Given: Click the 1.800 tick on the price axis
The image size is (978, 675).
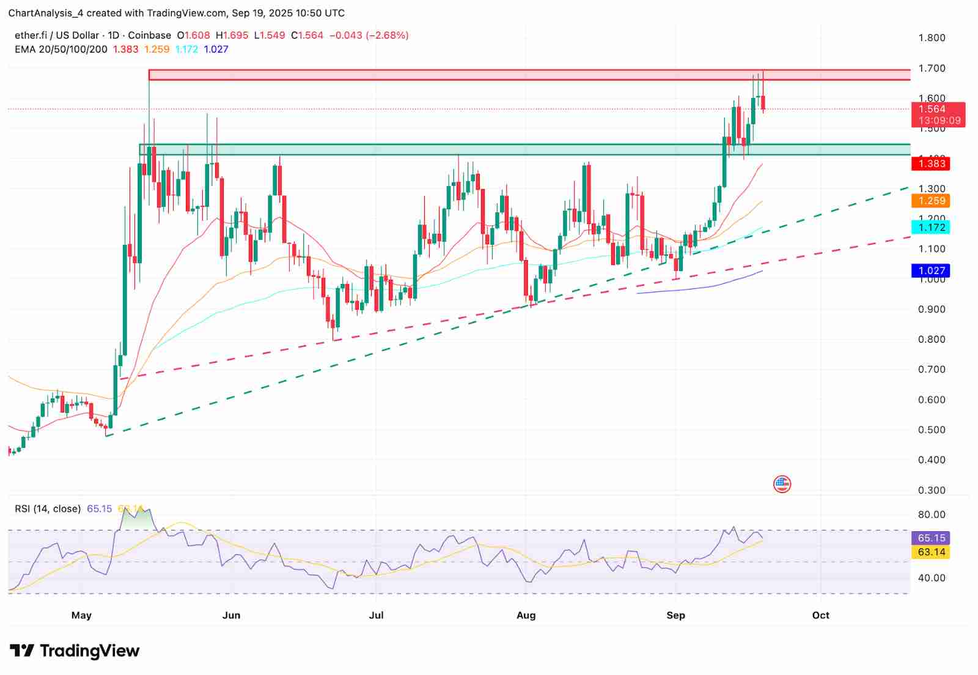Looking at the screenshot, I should pos(932,38).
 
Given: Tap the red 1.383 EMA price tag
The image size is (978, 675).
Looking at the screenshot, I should pos(932,163).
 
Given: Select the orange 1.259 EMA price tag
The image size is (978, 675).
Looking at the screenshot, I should pos(932,201).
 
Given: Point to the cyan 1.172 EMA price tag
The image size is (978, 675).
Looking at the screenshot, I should pos(932,228).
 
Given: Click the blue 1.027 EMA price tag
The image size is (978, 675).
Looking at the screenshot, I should pos(932,270).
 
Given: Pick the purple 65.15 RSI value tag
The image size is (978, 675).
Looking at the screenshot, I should pos(932,538).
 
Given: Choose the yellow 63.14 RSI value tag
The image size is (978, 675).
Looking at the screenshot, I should pos(932,552).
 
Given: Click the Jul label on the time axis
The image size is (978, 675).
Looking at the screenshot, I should pos(377,615).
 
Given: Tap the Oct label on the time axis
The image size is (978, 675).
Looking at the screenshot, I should pos(821,615).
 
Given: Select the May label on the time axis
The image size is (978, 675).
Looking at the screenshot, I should pos(81,615).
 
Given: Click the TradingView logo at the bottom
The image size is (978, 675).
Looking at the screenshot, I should pos(75,651).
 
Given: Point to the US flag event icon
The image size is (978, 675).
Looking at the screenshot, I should pos(782,485).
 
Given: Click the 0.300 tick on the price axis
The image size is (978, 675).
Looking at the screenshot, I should pos(932,490).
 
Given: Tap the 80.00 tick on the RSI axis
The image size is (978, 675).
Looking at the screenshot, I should pos(932,515).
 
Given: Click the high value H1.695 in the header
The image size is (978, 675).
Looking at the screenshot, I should pos(232,35).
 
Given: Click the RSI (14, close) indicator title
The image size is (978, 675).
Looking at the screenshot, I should pos(48,509).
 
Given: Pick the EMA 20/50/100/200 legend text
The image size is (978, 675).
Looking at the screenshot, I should pos(61,49).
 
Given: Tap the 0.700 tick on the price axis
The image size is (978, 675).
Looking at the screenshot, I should pos(932,370).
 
